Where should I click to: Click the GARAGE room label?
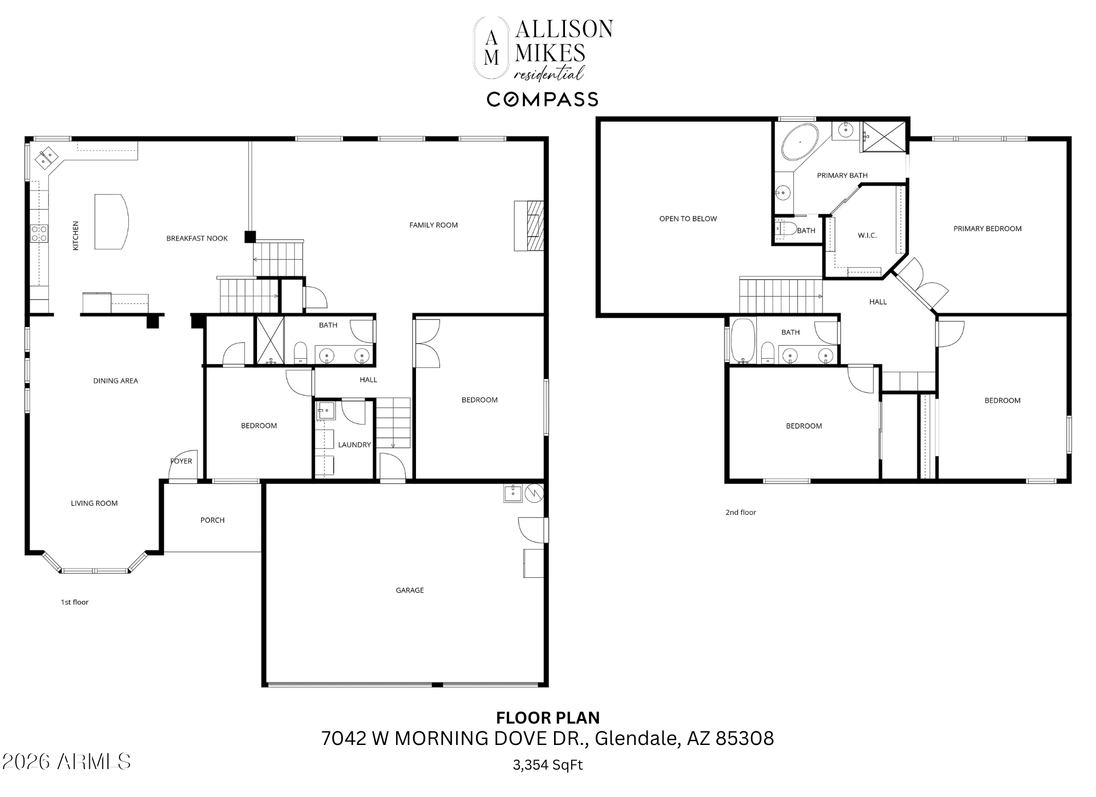tap(409, 590)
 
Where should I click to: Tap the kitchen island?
tap(110, 221)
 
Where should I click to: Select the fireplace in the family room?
tap(529, 226)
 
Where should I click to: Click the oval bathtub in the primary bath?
tap(800, 142)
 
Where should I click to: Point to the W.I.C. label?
tap(867, 236)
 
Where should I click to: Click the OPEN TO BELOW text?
tap(688, 219)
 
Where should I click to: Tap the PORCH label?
tap(212, 520)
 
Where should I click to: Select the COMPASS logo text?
tap(542, 99)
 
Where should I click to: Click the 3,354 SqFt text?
tap(547, 765)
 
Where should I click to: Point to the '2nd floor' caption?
tap(740, 512)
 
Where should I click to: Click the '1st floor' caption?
tap(75, 602)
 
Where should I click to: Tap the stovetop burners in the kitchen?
tap(39, 233)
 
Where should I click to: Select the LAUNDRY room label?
tap(354, 445)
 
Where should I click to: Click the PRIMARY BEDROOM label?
tap(987, 228)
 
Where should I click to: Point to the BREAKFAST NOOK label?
tap(197, 238)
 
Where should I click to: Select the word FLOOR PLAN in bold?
tap(547, 718)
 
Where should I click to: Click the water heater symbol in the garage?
tap(534, 493)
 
